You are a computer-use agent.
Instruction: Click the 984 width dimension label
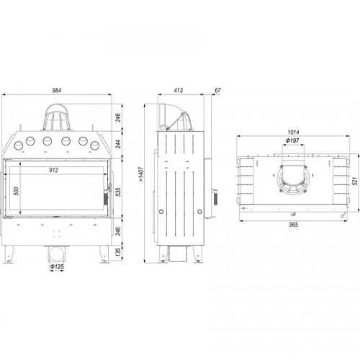click(x=57, y=90)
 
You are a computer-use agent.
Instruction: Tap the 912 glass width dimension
click(x=53, y=170)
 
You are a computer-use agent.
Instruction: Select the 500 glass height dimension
click(x=16, y=191)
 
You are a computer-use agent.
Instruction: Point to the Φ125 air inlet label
click(x=57, y=266)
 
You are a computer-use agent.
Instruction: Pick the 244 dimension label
click(x=118, y=144)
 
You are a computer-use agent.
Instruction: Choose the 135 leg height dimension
click(x=118, y=252)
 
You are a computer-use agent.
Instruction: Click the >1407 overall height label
click(x=141, y=175)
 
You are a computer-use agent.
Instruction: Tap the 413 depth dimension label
click(x=179, y=90)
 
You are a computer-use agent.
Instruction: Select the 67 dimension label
click(x=217, y=90)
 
